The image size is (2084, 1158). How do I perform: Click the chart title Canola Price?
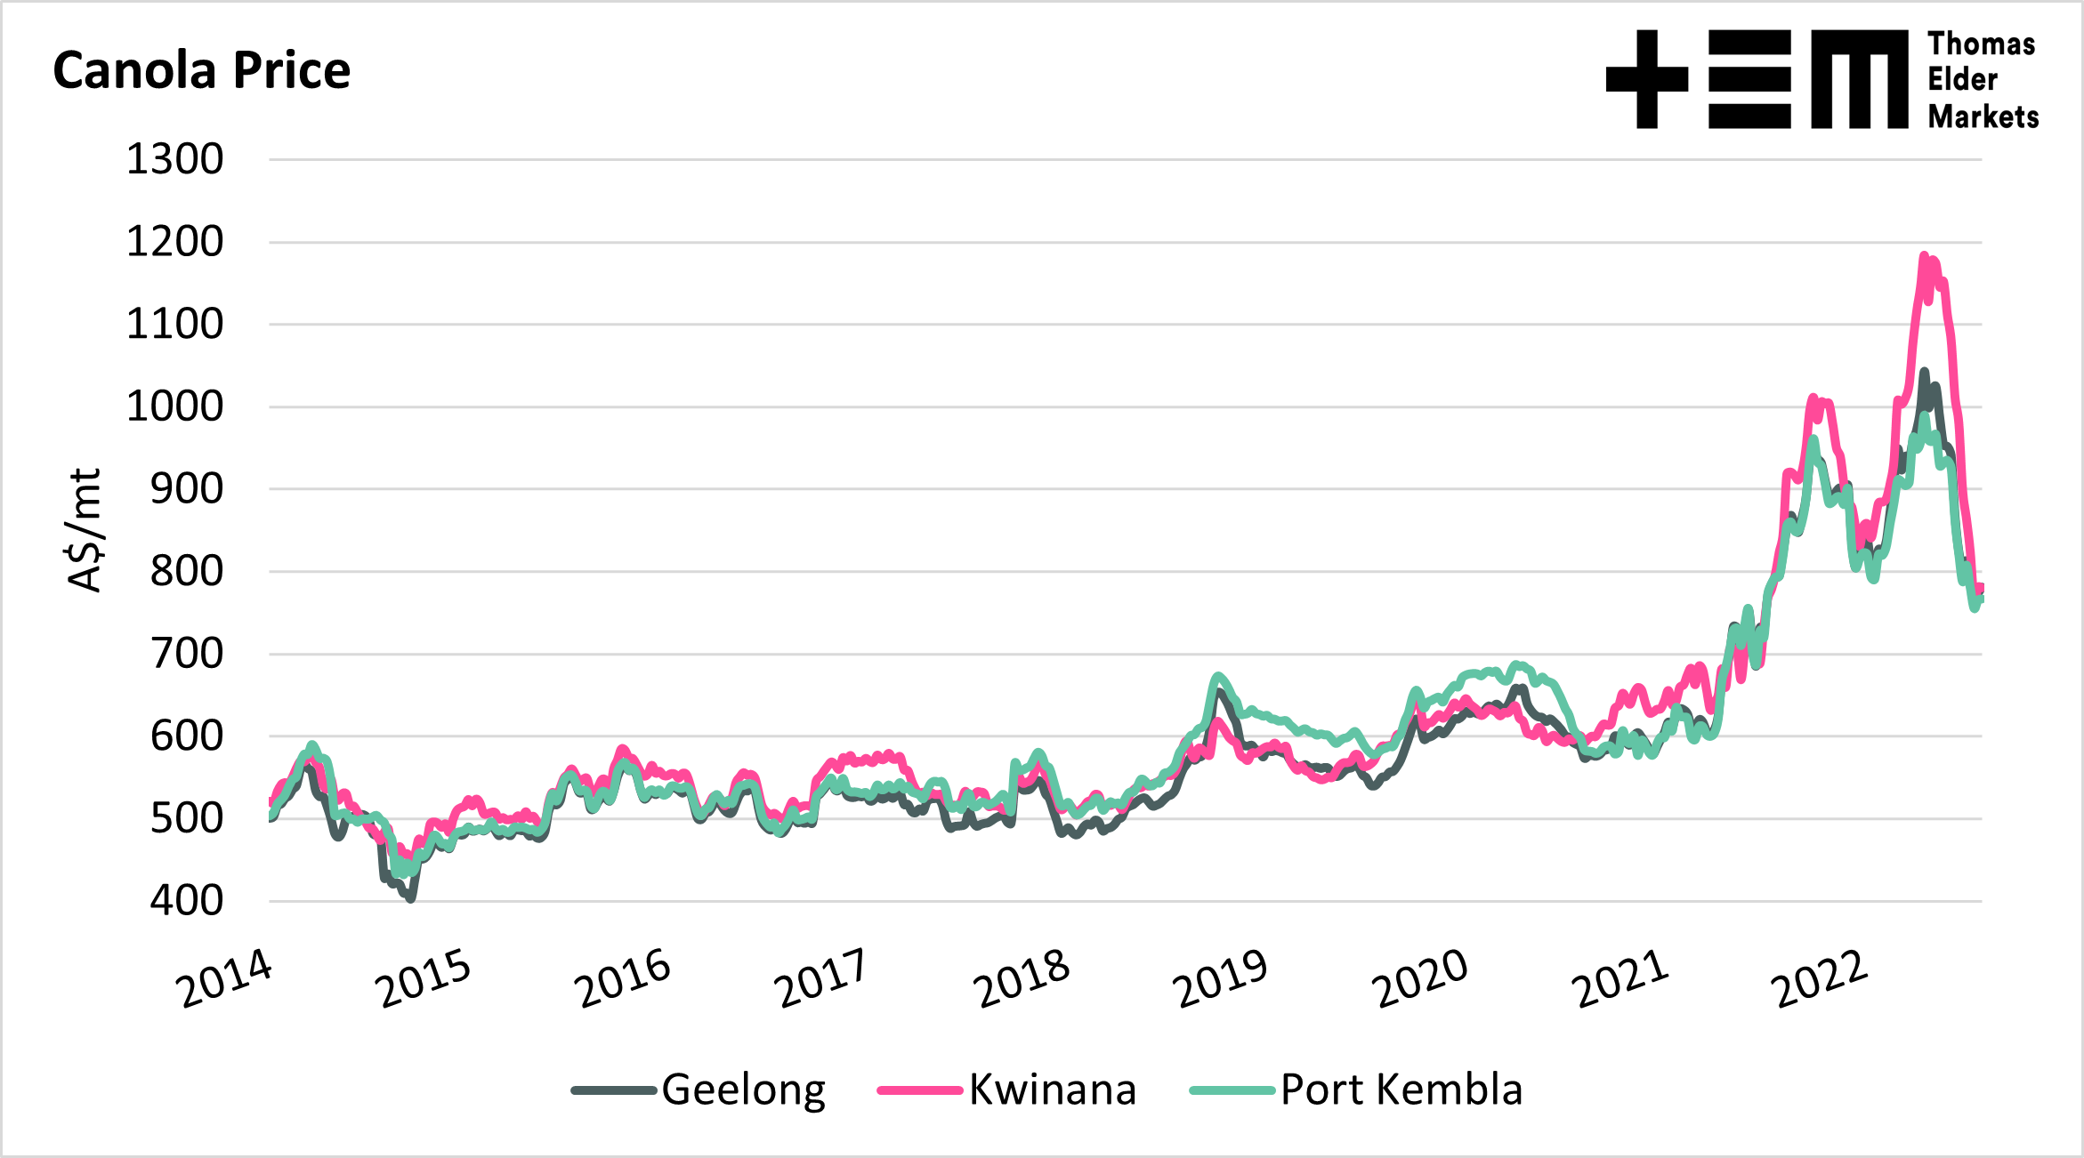[x=202, y=70]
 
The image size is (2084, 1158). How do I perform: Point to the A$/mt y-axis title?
[x=85, y=530]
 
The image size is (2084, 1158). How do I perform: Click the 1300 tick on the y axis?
[x=175, y=160]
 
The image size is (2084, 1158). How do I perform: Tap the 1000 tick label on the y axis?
[x=175, y=407]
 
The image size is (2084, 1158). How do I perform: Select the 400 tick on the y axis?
[x=187, y=901]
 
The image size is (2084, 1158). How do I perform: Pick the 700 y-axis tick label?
[x=187, y=654]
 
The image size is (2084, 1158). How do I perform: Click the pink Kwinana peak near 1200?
[x=1924, y=257]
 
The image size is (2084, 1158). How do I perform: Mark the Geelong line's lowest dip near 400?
[x=410, y=898]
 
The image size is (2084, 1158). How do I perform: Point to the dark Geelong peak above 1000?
[x=1924, y=373]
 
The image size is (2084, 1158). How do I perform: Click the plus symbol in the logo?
[x=1647, y=79]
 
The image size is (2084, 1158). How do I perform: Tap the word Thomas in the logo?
[x=1982, y=44]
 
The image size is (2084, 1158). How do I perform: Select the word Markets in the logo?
[x=1983, y=117]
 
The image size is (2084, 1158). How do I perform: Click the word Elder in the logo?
[x=1962, y=80]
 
